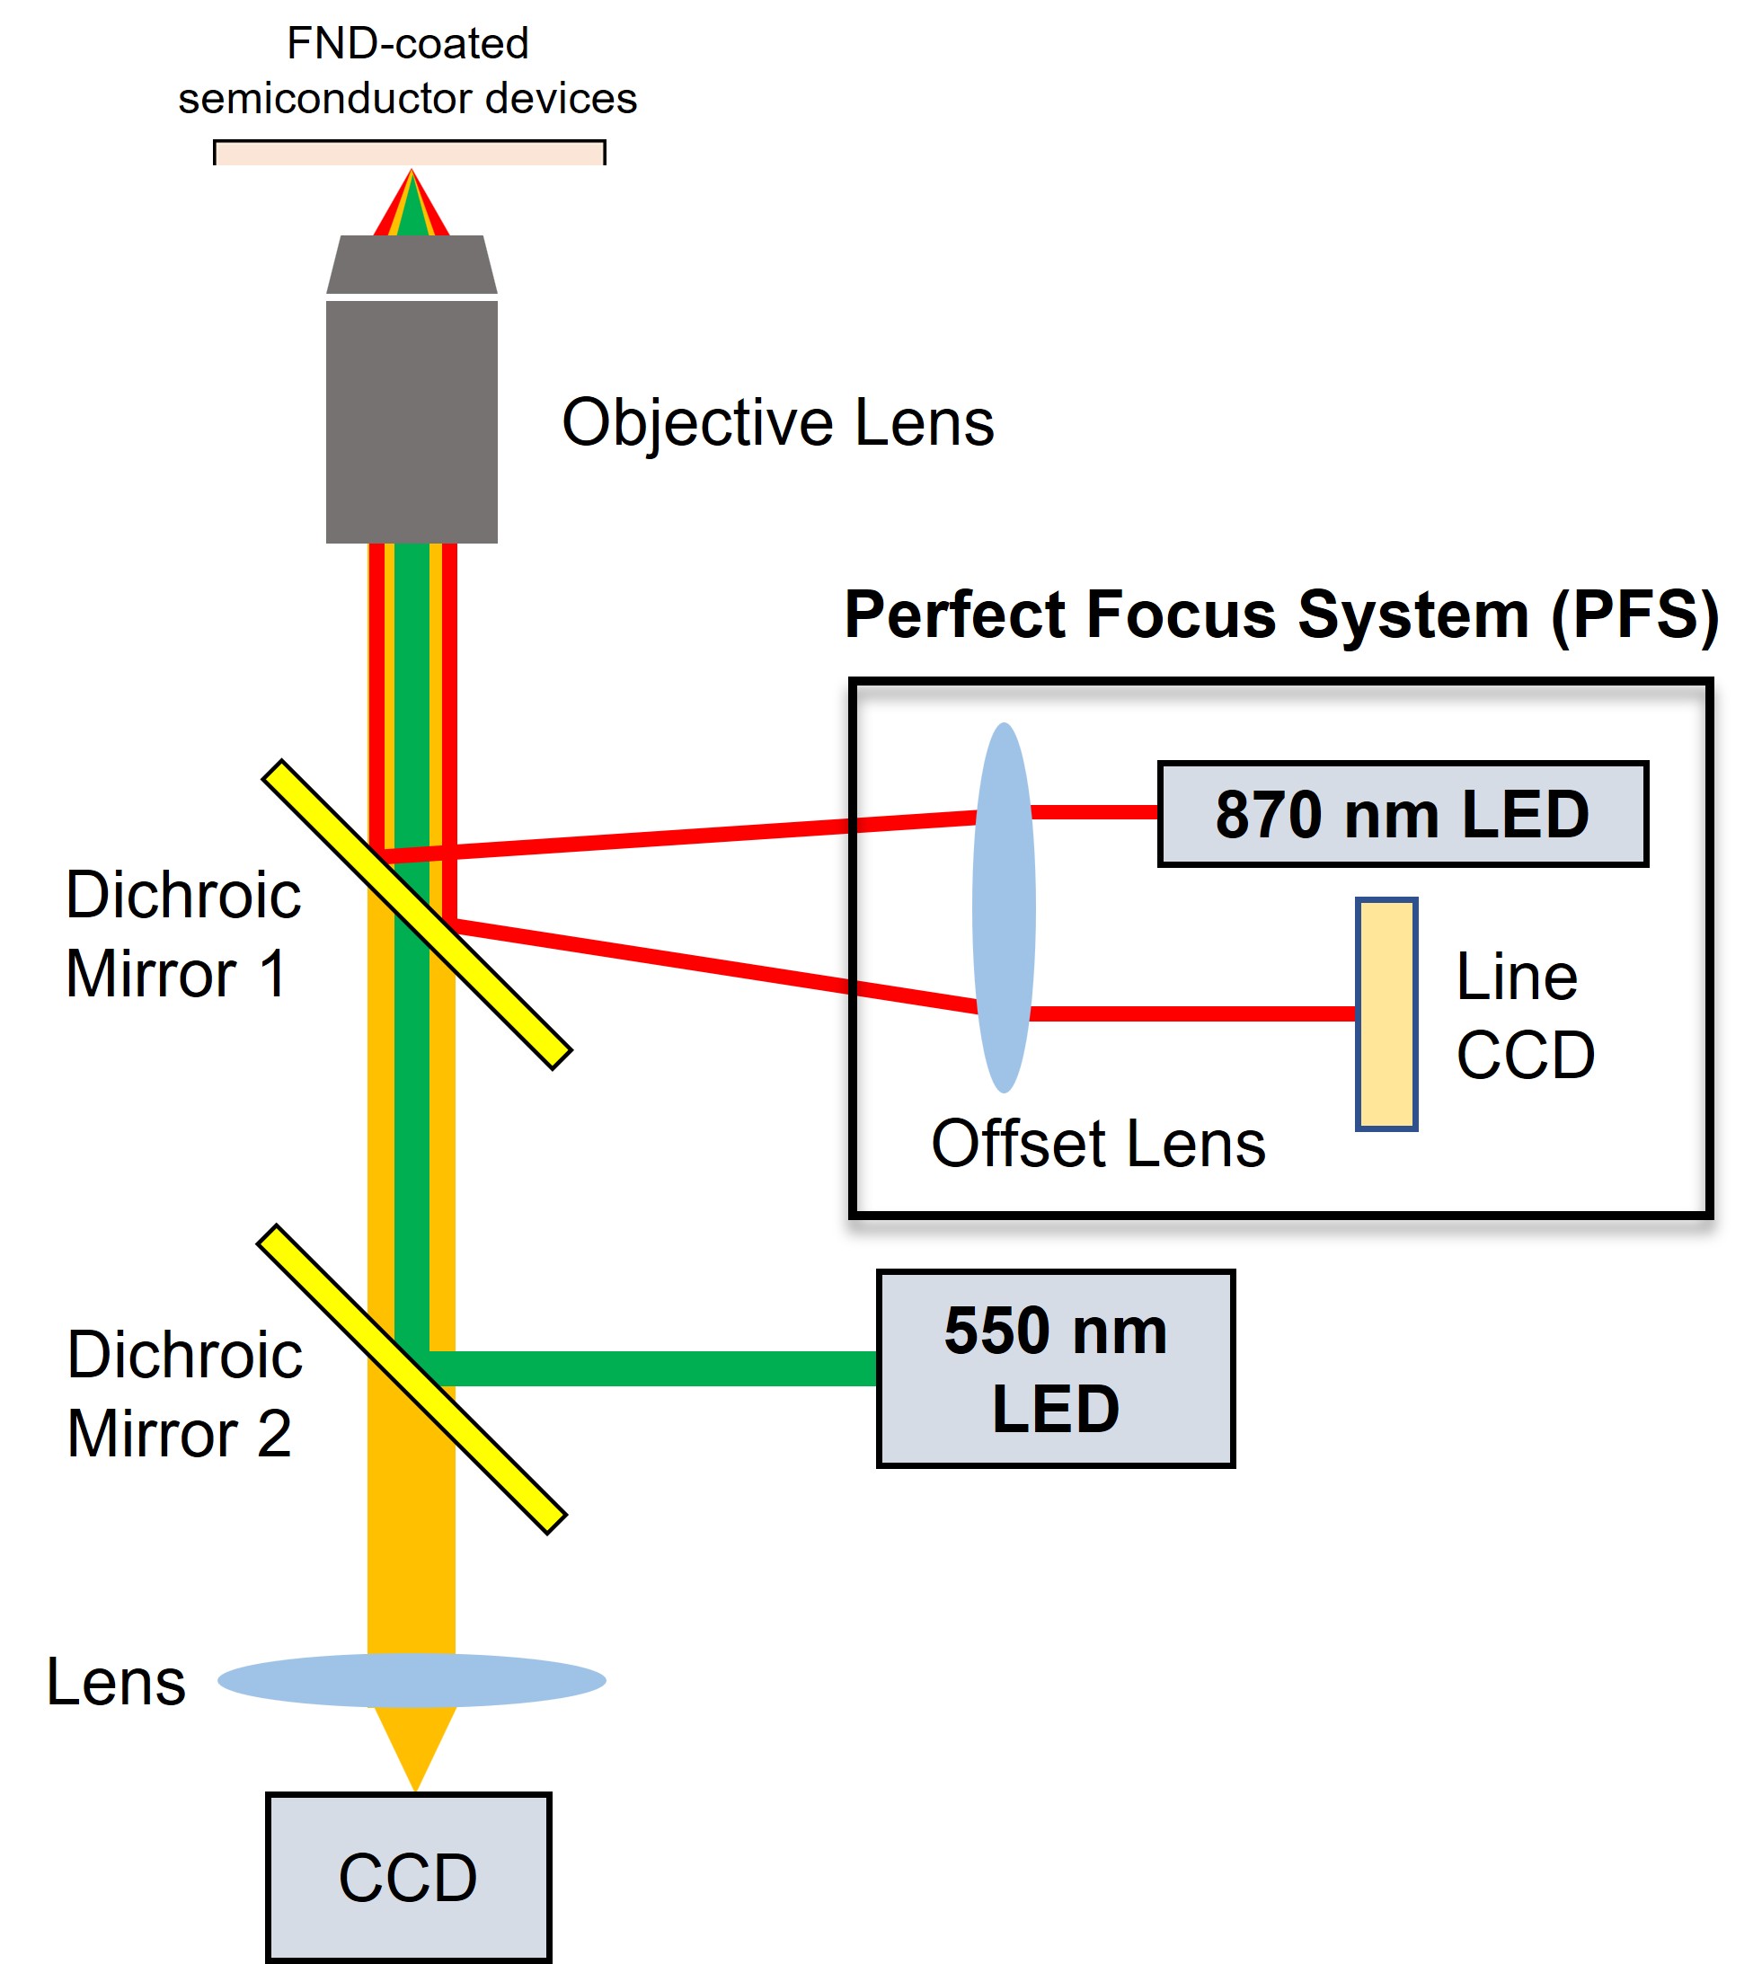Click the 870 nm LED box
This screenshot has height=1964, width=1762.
click(x=1402, y=813)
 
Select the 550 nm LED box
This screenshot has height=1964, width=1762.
click(x=1055, y=1368)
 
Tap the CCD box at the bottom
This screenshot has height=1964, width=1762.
click(x=409, y=1878)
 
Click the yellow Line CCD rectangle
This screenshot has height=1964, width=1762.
click(x=1386, y=1013)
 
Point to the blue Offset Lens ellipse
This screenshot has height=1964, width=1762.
click(x=1004, y=908)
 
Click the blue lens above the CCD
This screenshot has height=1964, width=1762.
click(x=412, y=1680)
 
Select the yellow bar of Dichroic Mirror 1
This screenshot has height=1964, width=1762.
click(x=417, y=915)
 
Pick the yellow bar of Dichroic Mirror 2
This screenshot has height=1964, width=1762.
click(x=412, y=1379)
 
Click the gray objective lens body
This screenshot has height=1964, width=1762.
click(x=412, y=389)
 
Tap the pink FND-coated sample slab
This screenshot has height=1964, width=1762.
click(x=410, y=153)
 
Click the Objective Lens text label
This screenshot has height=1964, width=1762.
click(x=777, y=423)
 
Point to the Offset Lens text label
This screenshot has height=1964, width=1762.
click(x=1098, y=1143)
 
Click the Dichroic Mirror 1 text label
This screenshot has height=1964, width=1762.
click(x=183, y=933)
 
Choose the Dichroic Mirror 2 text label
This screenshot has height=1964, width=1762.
click(x=184, y=1393)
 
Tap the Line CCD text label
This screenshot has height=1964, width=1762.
click(x=1525, y=1014)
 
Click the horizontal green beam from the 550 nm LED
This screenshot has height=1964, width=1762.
click(x=653, y=1368)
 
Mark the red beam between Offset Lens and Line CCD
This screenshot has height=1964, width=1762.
click(x=1192, y=1013)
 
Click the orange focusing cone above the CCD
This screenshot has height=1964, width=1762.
click(x=414, y=1748)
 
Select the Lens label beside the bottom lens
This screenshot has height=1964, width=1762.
click(x=116, y=1681)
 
